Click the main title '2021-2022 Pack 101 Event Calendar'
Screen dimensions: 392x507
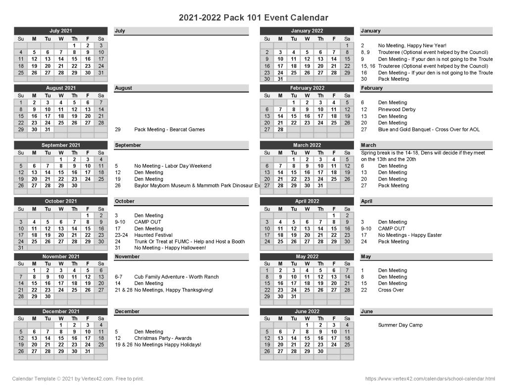(253, 18)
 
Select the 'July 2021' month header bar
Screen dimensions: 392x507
(61, 31)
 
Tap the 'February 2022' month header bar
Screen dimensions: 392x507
(307, 88)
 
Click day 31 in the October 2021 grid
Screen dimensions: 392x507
(21, 248)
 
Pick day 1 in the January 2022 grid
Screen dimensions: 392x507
(347, 46)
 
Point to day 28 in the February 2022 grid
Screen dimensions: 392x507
(280, 129)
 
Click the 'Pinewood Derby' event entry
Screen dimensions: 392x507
(397, 110)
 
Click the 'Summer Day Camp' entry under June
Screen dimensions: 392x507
(400, 325)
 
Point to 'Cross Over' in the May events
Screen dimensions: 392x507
(391, 290)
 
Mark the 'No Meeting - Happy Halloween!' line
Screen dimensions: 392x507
(170, 248)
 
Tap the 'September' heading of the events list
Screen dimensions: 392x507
(128, 145)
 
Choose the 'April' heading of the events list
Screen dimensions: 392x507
(367, 201)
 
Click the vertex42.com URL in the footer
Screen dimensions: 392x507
(430, 379)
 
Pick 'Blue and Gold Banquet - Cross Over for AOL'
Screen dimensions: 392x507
(429, 129)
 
